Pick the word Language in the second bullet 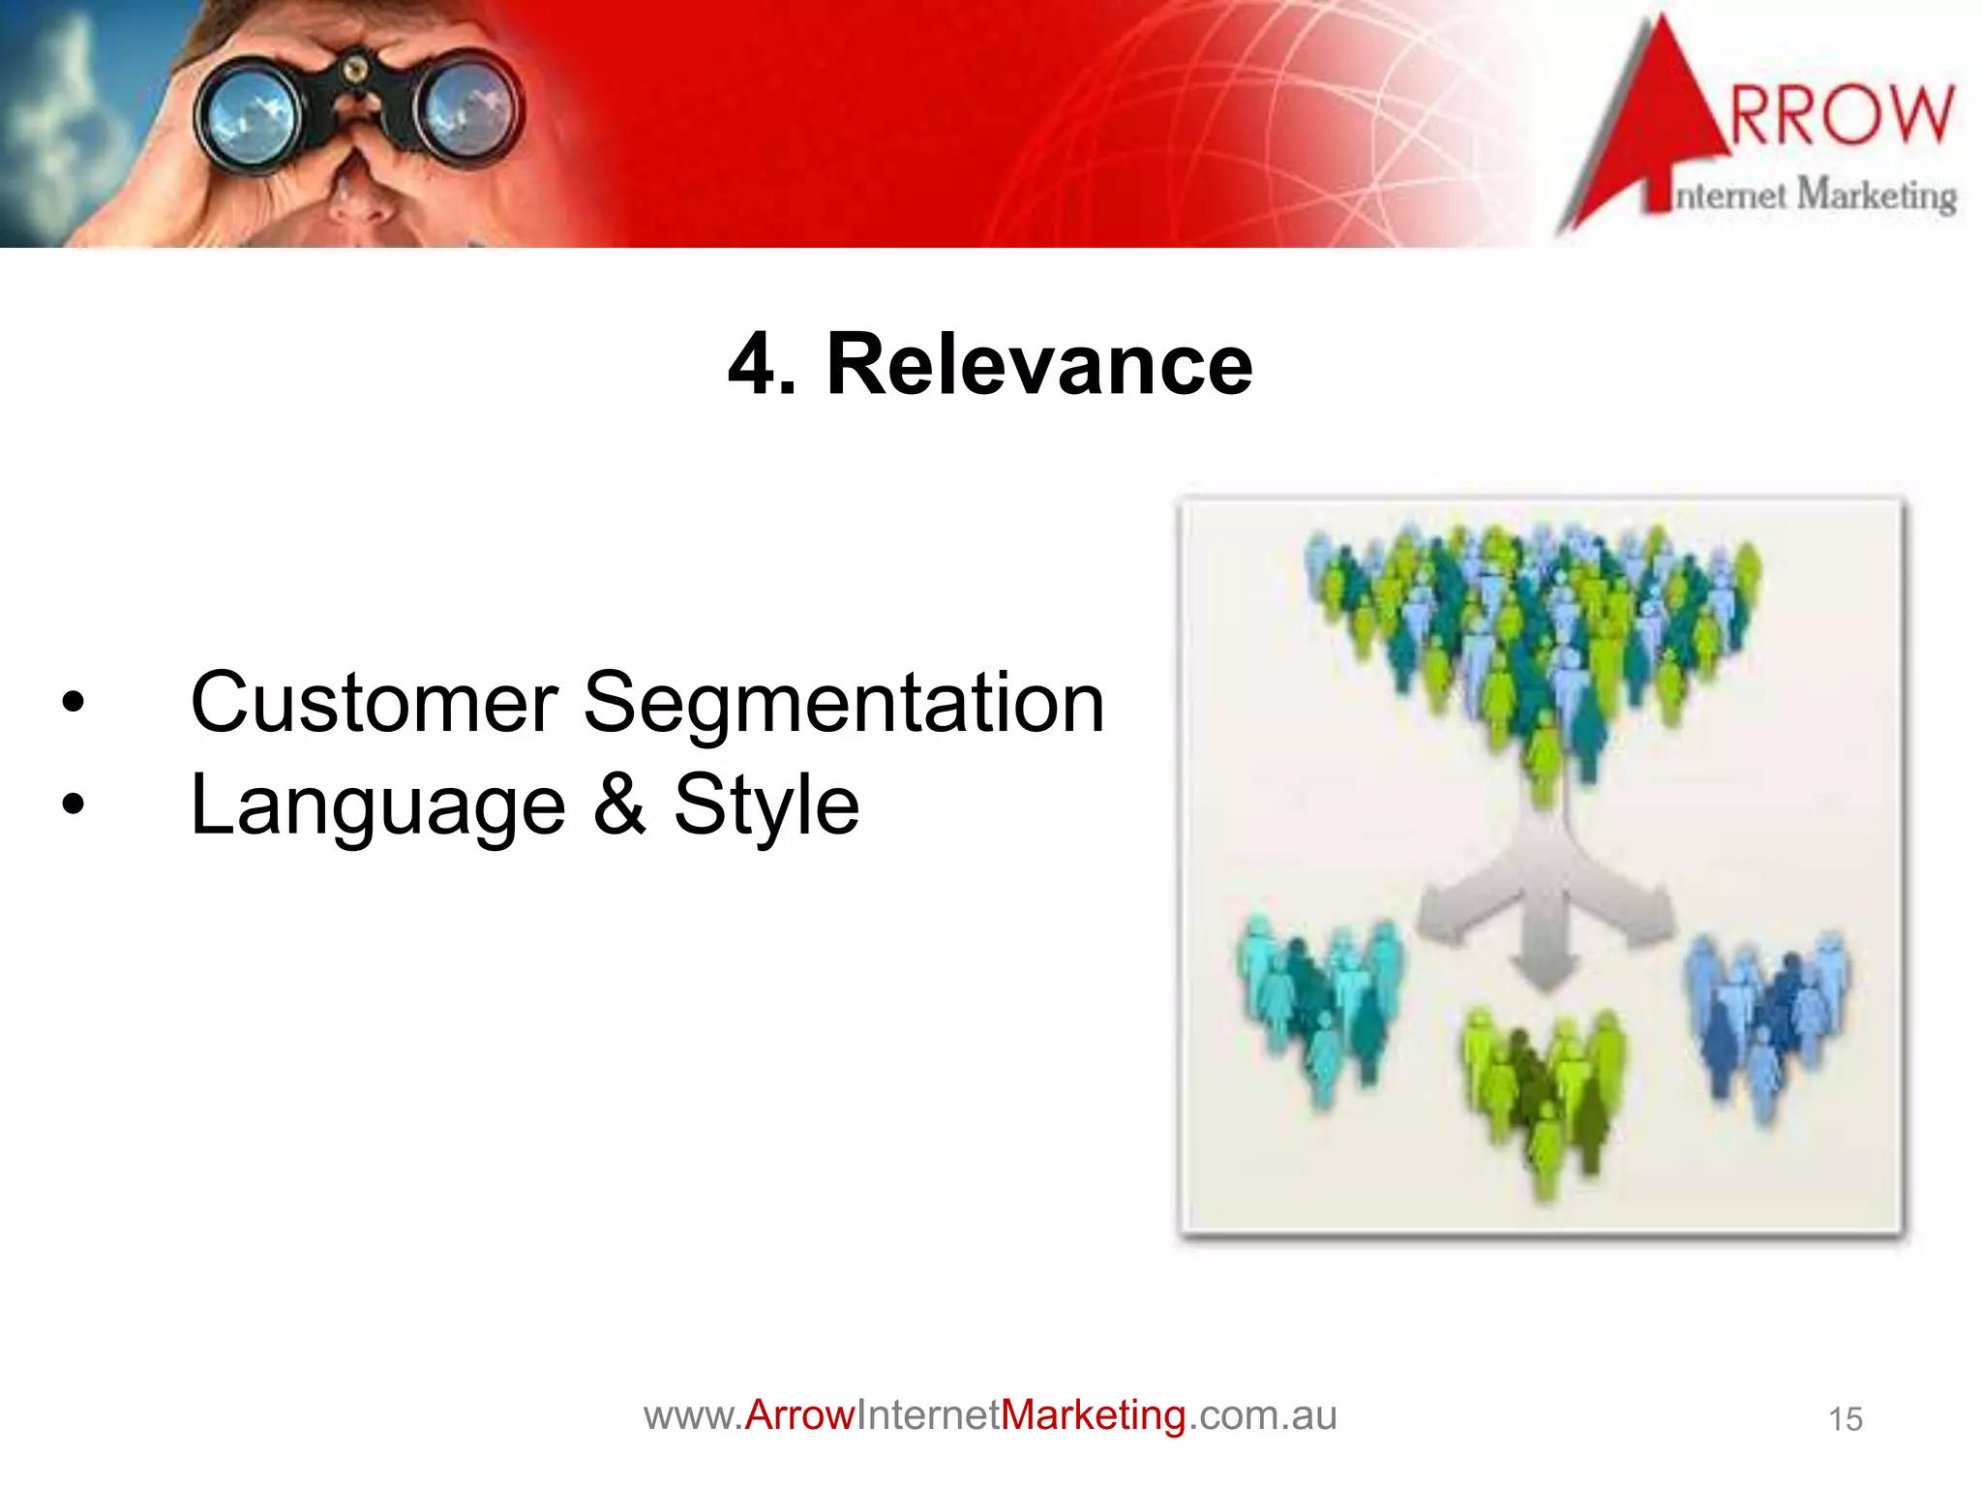coord(377,806)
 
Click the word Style coord(766,806)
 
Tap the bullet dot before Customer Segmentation coord(73,703)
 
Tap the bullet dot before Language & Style coord(73,804)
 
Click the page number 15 coord(1845,1419)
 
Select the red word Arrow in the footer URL coord(799,1415)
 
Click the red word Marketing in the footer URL coord(1093,1415)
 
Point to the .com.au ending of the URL coord(1262,1415)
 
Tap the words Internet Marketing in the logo coord(1815,196)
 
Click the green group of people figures coord(1544,1089)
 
